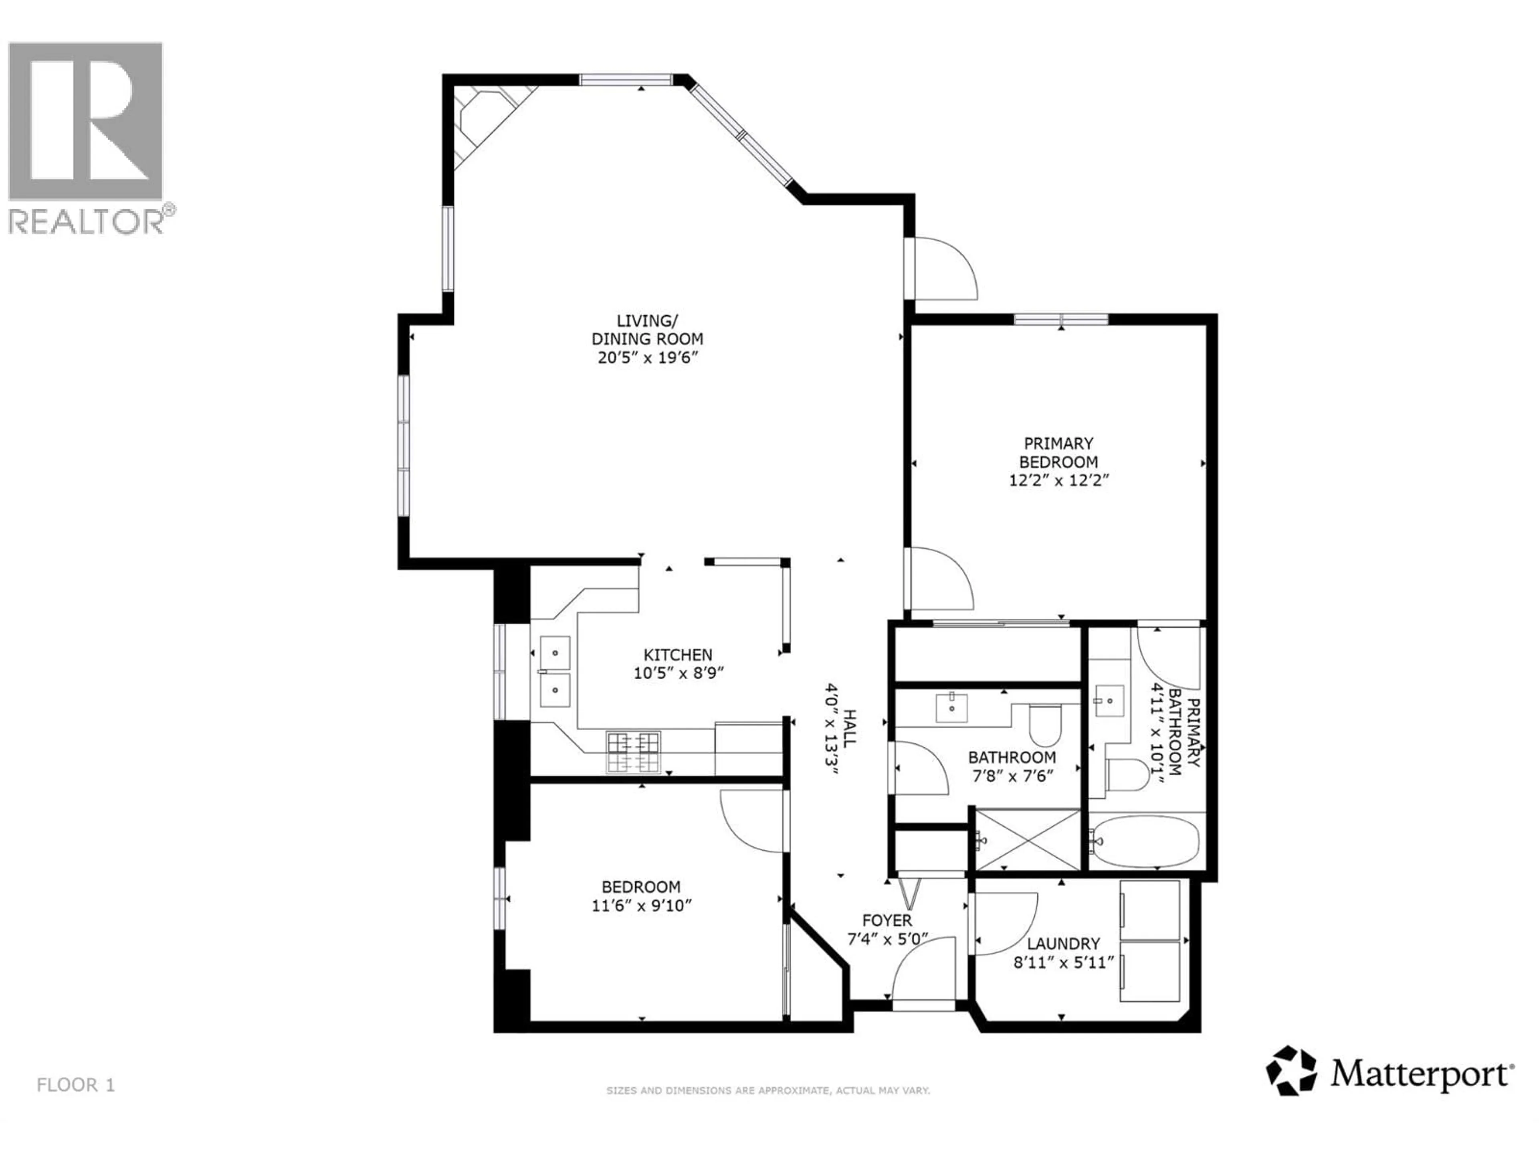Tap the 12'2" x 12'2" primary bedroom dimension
click(x=1058, y=480)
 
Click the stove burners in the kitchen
click(x=633, y=752)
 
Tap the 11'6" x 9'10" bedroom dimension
click(x=641, y=906)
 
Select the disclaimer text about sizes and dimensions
click(x=768, y=1090)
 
